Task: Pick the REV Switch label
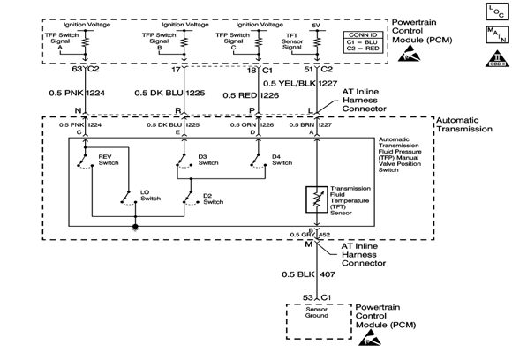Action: (x=108, y=160)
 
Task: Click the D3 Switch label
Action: (x=208, y=160)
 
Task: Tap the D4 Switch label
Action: (x=282, y=160)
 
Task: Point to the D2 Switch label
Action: (x=213, y=199)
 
